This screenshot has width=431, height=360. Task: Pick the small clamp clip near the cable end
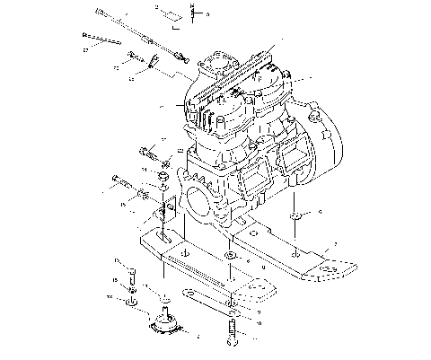point(154,61)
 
